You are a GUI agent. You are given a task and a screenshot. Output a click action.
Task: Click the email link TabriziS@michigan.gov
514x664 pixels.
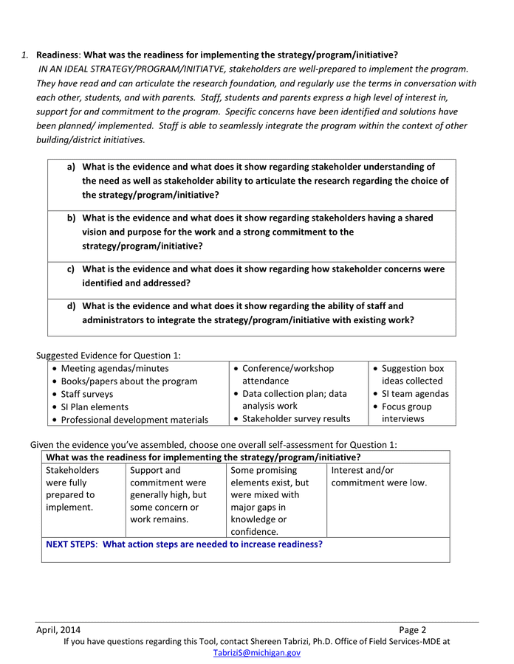pyautogui.click(x=256, y=653)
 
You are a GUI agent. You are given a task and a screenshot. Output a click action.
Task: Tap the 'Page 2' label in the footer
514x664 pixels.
pyautogui.click(x=413, y=630)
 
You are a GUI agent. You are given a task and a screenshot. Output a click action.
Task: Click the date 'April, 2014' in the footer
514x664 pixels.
pyautogui.click(x=58, y=630)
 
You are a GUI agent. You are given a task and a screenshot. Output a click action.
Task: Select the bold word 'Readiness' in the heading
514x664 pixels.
pyautogui.click(x=58, y=55)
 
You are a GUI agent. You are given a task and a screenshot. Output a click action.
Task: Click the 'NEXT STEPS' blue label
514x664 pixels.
pyautogui.click(x=71, y=544)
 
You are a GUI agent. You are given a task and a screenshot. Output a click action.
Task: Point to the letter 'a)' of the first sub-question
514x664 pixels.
pyautogui.click(x=72, y=167)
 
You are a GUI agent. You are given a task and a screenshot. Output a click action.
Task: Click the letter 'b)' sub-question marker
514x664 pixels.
pyautogui.click(x=72, y=218)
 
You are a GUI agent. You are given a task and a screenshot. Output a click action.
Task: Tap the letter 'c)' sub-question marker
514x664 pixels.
pyautogui.click(x=72, y=269)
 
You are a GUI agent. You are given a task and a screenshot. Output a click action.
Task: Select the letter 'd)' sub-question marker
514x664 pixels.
pyautogui.click(x=72, y=306)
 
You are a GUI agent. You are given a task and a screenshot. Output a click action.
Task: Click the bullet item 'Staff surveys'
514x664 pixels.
pyautogui.click(x=86, y=394)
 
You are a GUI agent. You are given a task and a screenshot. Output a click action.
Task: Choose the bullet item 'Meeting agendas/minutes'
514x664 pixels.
pyautogui.click(x=114, y=368)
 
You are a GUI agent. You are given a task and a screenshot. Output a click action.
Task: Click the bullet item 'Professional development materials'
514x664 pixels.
pyautogui.click(x=134, y=420)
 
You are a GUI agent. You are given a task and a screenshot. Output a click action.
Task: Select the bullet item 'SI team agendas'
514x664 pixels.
pyautogui.click(x=415, y=394)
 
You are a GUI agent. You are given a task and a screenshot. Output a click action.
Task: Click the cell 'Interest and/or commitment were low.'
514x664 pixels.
pyautogui.click(x=379, y=477)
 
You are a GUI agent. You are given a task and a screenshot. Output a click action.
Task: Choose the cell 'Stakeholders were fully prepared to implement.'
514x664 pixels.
pyautogui.click(x=72, y=488)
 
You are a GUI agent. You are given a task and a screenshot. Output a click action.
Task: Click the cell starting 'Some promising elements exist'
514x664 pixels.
pyautogui.click(x=270, y=500)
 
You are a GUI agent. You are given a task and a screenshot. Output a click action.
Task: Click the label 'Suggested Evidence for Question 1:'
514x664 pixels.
pyautogui.click(x=109, y=355)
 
